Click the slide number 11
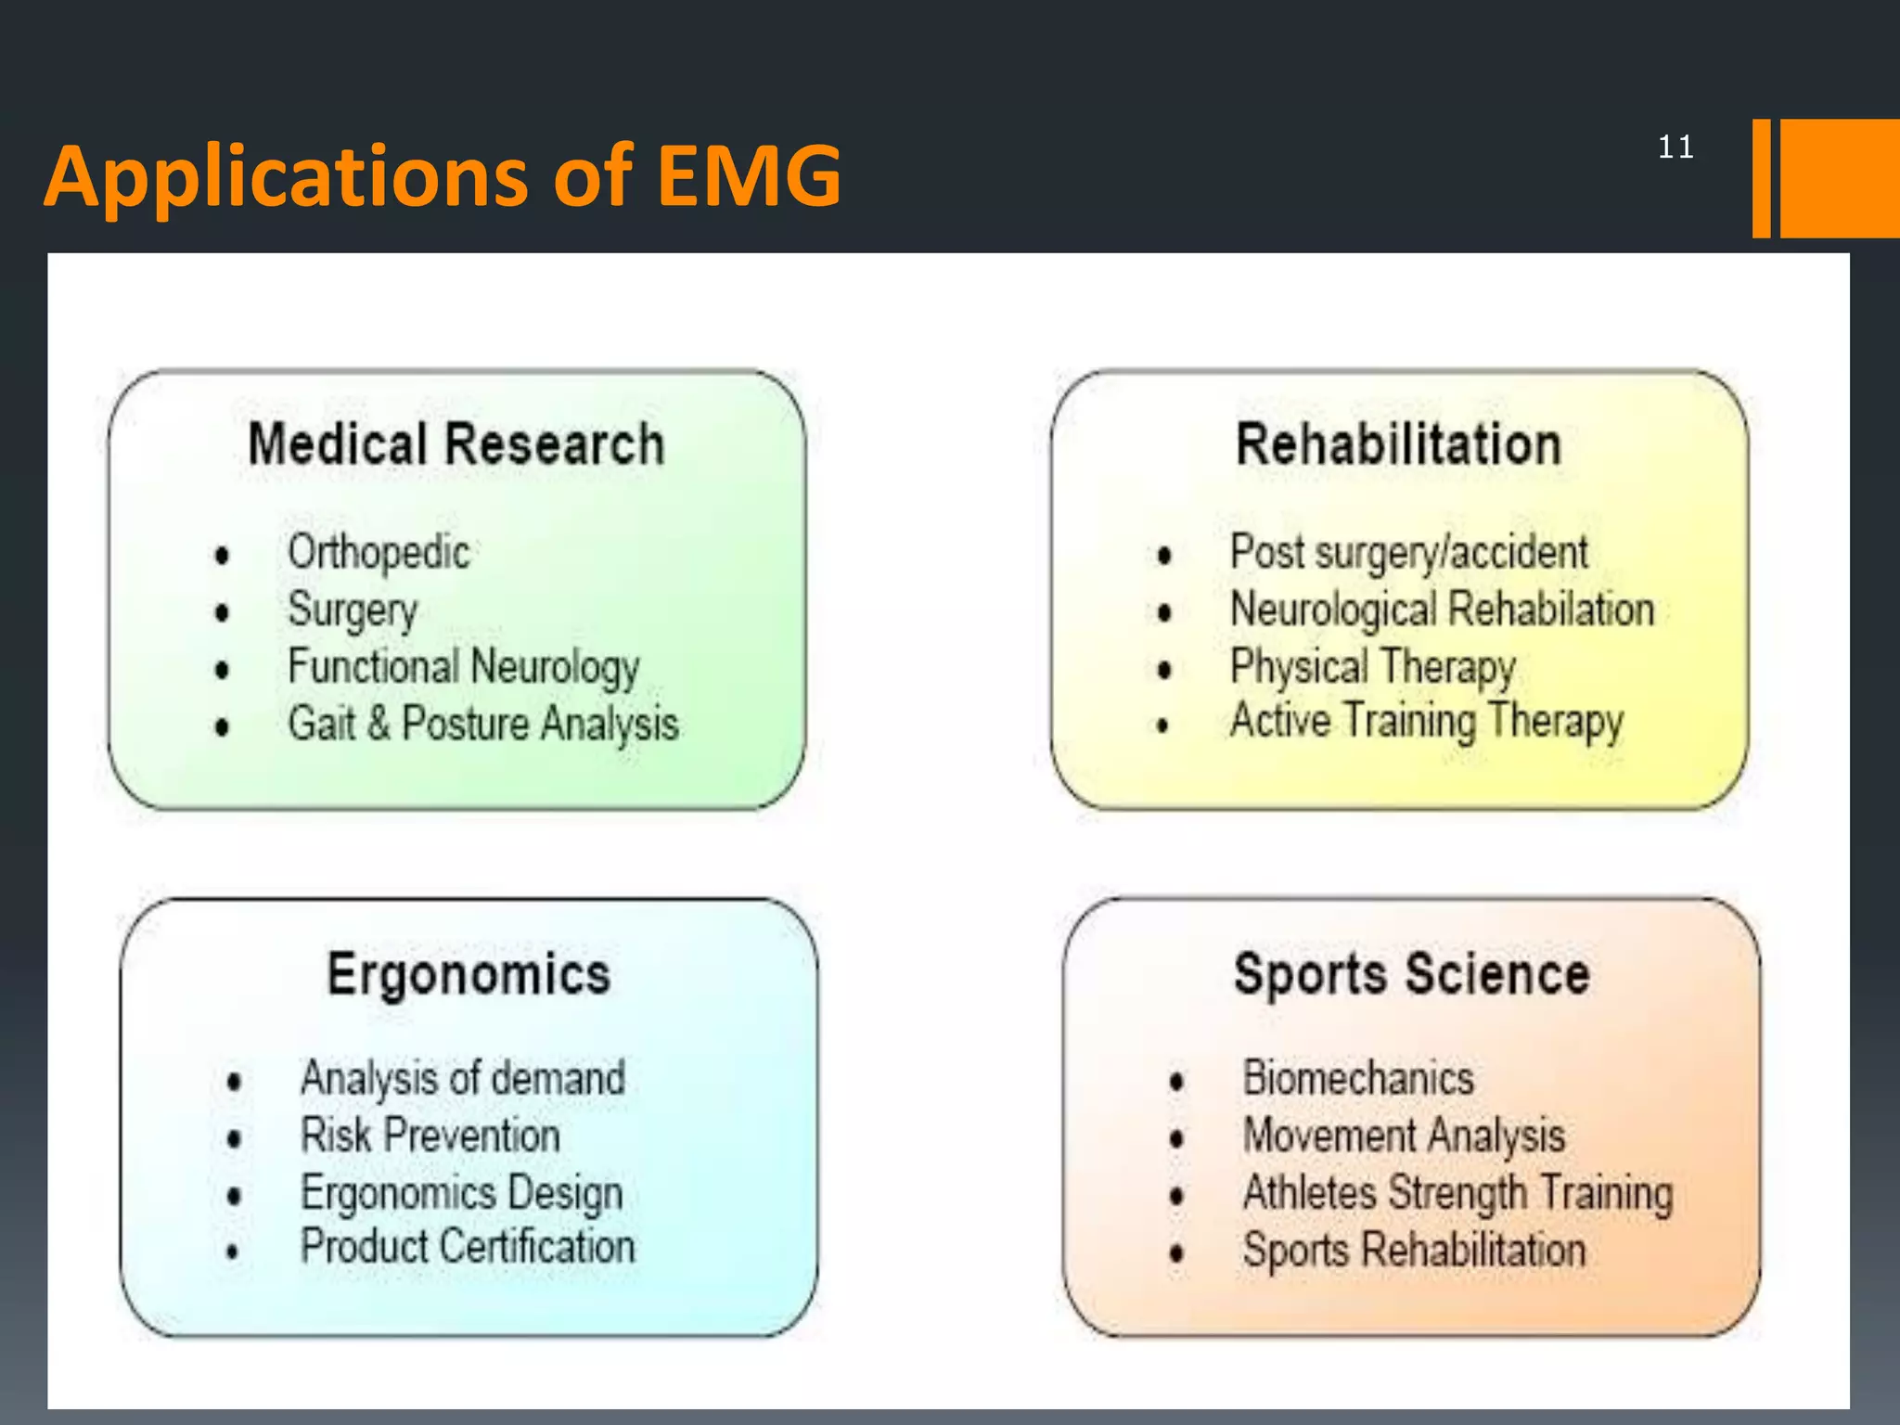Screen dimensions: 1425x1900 tap(1675, 148)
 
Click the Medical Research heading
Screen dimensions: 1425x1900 tap(456, 444)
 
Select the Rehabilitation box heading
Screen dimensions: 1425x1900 tap(1399, 444)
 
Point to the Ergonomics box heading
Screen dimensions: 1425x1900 tap(469, 974)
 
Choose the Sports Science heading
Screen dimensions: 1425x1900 tap(1411, 974)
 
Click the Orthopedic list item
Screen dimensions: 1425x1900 tap(379, 553)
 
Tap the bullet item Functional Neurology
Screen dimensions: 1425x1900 tap(464, 667)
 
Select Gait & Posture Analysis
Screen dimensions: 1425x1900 tap(482, 725)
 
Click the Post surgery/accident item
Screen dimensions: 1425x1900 tap(1408, 553)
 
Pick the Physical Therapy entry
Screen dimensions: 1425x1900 tap(1373, 667)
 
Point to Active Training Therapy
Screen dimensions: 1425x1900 tap(1427, 722)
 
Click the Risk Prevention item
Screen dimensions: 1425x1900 tap(430, 1136)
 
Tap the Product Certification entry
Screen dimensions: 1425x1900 tap(468, 1247)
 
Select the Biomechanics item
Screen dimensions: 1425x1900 tap(1358, 1079)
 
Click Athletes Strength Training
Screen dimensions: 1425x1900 tap(1458, 1193)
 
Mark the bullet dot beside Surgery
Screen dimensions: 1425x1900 tap(222, 612)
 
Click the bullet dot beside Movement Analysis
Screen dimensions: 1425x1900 tap(1177, 1138)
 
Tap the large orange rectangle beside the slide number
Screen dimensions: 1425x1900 tap(1839, 178)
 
